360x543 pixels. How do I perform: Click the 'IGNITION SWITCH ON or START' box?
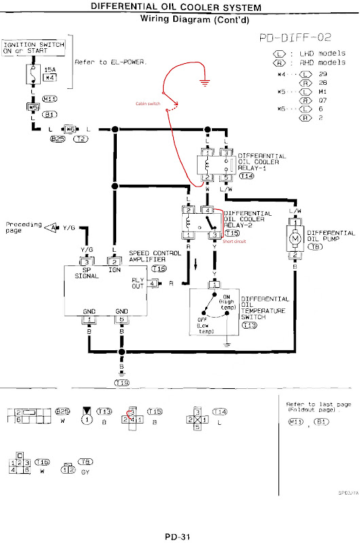click(34, 48)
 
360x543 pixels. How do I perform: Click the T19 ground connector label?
click(122, 383)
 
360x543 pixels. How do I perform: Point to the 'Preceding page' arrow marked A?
click(51, 227)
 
